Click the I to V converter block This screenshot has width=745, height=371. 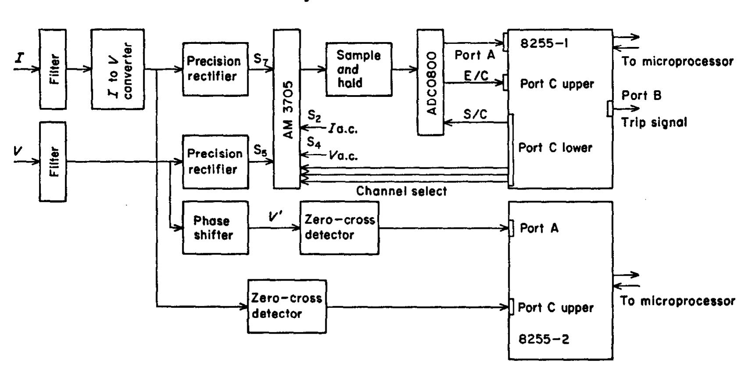tap(117, 69)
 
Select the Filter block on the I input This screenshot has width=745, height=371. tap(53, 69)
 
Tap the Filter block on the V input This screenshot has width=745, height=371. tap(53, 161)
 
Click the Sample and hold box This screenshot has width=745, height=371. tap(359, 69)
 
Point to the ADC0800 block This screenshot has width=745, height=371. tap(431, 82)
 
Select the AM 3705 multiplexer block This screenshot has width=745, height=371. tap(287, 109)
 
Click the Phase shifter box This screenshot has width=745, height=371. tap(215, 228)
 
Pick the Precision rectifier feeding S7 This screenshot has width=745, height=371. tap(215, 69)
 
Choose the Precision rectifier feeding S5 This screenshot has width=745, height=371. tap(215, 162)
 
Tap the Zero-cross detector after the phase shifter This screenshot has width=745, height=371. tap(339, 228)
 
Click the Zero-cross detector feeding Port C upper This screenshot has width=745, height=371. tap(287, 307)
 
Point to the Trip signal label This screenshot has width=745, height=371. tap(653, 123)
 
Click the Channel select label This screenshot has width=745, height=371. tap(401, 191)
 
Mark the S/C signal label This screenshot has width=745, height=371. tap(475, 115)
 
